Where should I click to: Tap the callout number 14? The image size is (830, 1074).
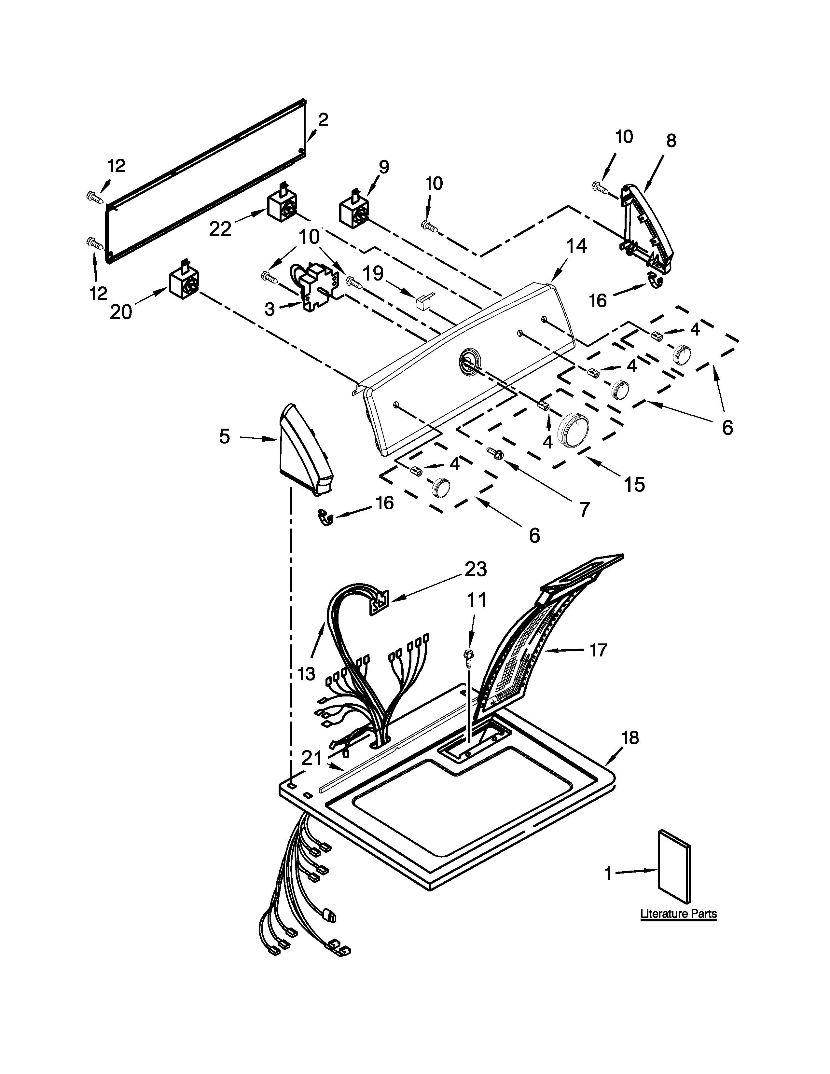pyautogui.click(x=576, y=246)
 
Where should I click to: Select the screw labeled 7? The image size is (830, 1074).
pyautogui.click(x=496, y=453)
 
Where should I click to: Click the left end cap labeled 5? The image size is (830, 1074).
pyautogui.click(x=305, y=450)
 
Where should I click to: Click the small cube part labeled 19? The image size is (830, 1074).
pyautogui.click(x=422, y=301)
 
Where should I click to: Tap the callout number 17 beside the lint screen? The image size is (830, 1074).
pyautogui.click(x=598, y=650)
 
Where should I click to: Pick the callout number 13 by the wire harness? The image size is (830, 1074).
pyautogui.click(x=306, y=673)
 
